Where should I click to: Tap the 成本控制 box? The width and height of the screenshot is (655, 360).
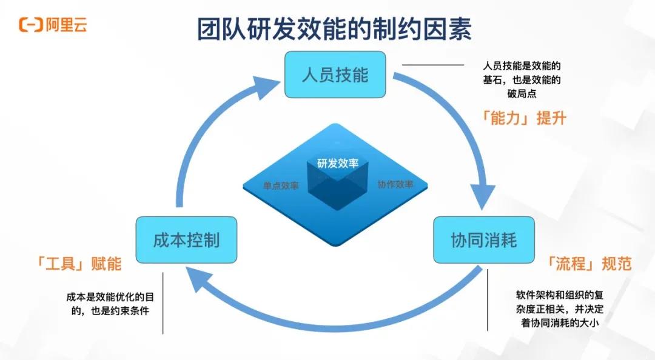coord(186,239)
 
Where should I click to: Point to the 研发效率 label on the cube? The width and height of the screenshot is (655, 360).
coord(338,163)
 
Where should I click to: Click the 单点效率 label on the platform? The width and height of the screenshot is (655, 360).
coord(281,186)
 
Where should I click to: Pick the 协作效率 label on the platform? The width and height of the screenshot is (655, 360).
coord(395,184)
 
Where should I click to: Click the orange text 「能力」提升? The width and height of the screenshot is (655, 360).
coord(522,118)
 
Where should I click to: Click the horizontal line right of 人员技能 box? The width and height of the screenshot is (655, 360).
coord(433,65)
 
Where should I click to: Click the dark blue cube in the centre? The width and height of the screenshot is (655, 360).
coord(338,188)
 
